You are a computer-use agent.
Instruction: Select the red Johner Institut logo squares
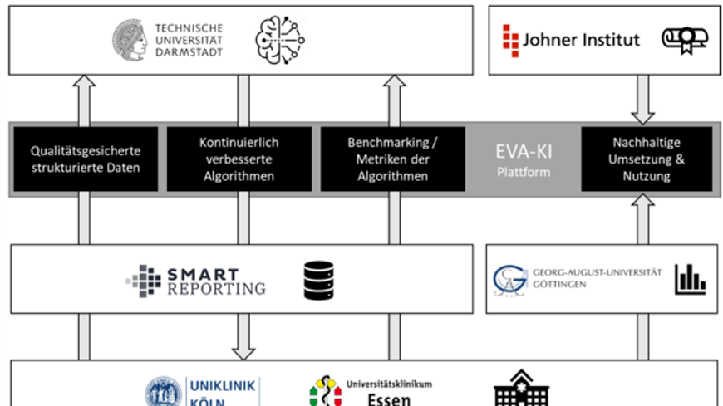(510, 38)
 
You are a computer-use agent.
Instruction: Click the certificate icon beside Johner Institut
(678, 39)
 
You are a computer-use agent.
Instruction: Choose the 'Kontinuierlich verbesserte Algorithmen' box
(239, 159)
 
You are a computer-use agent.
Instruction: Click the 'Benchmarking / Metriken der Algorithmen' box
(393, 159)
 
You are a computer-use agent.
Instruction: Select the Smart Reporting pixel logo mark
(143, 279)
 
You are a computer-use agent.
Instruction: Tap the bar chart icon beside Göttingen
(690, 279)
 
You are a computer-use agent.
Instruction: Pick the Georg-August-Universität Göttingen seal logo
(509, 279)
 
